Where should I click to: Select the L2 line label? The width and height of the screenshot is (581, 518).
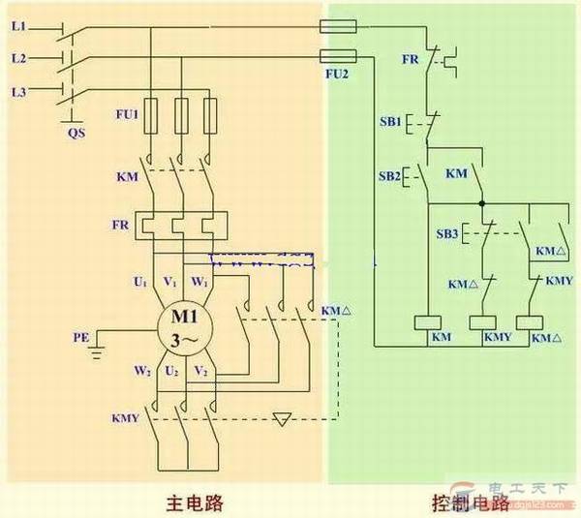pyautogui.click(x=18, y=58)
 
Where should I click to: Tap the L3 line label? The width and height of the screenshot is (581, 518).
pyautogui.click(x=18, y=92)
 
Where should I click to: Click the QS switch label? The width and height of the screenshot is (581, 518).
pyautogui.click(x=75, y=133)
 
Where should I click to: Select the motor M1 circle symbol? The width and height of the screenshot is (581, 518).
pyautogui.click(x=185, y=329)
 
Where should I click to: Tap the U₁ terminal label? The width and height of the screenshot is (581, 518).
pyautogui.click(x=140, y=283)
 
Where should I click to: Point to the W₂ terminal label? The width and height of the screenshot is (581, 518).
pyautogui.click(x=141, y=371)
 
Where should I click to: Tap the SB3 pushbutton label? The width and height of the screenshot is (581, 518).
pyautogui.click(x=446, y=233)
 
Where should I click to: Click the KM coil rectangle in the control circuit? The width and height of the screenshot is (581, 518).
pyautogui.click(x=428, y=322)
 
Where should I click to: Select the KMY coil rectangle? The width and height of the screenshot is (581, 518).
pyautogui.click(x=483, y=322)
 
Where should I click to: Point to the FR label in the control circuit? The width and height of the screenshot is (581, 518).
pyautogui.click(x=411, y=59)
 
